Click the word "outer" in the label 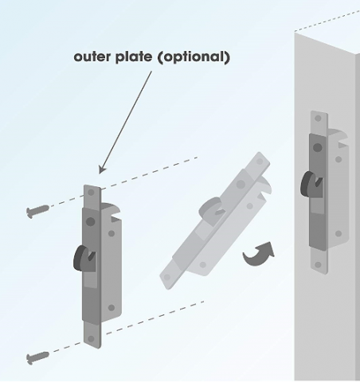pyautogui.click(x=92, y=57)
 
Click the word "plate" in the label pyautogui.click(x=134, y=57)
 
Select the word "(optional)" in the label pyautogui.click(x=194, y=57)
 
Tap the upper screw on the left pyautogui.click(x=37, y=212)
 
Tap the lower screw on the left pyautogui.click(x=37, y=357)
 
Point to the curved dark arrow pyautogui.click(x=259, y=254)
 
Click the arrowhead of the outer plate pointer pyautogui.click(x=102, y=170)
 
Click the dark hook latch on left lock pyautogui.click(x=84, y=259)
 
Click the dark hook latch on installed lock pyautogui.click(x=311, y=185)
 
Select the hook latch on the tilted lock pyautogui.click(x=211, y=209)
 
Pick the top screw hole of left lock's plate pyautogui.click(x=91, y=193)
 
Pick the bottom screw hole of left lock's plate pyautogui.click(x=91, y=339)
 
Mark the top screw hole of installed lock pyautogui.click(x=318, y=118)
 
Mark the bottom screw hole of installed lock pyautogui.click(x=318, y=265)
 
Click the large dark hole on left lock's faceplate pyautogui.click(x=91, y=221)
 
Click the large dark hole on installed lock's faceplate pyautogui.click(x=318, y=147)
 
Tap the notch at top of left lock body pyautogui.click(x=115, y=217)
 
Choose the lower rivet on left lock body pyautogui.click(x=112, y=308)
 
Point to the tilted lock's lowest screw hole pyautogui.click(x=167, y=277)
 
